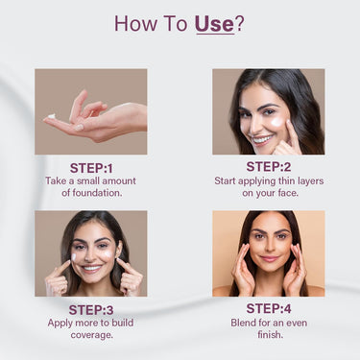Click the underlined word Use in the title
[x=214, y=23]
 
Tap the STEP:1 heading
[x=91, y=168]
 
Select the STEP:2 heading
[x=269, y=167]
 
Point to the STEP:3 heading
[x=91, y=310]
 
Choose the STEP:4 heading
[x=269, y=309]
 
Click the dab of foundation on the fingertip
[x=51, y=116]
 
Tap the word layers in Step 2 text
[x=308, y=181]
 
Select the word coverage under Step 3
[x=92, y=335]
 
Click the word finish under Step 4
[x=271, y=335]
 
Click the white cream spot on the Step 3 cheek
[x=74, y=256]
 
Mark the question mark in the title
[x=239, y=23]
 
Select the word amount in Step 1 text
[x=119, y=181]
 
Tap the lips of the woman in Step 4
[x=270, y=258]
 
